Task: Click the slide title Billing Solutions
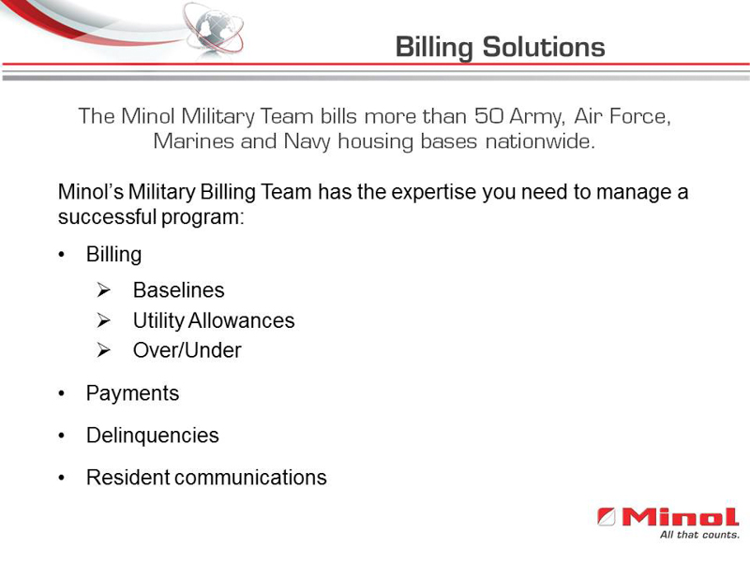click(500, 46)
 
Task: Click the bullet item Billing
click(113, 255)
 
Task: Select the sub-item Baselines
click(178, 290)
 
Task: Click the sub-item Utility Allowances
click(214, 320)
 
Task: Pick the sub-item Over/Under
click(187, 350)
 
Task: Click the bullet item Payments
click(132, 393)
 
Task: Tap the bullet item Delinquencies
click(152, 436)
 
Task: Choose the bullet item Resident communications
click(206, 478)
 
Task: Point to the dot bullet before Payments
click(63, 394)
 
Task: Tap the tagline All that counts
click(698, 535)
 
